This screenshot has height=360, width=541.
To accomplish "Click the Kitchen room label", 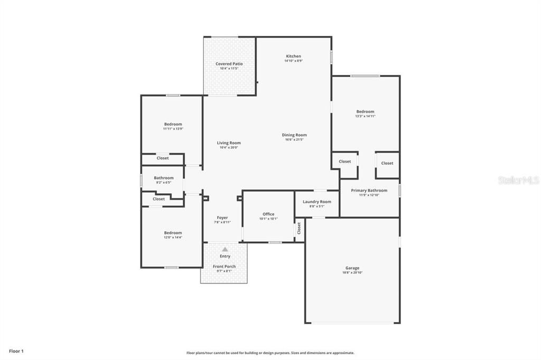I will [293, 56].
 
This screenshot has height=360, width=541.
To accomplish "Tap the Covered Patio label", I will [229, 64].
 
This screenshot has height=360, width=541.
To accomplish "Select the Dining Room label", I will [294, 135].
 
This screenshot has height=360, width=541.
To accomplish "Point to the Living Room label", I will [229, 143].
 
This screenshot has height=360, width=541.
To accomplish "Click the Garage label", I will [352, 268].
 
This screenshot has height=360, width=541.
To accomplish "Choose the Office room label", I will [268, 214].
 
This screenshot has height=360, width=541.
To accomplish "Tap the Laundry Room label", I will [317, 202].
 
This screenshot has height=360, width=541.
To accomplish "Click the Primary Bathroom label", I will [369, 191].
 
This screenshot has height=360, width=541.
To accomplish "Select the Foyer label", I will [222, 217].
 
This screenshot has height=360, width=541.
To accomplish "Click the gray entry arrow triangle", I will [225, 249].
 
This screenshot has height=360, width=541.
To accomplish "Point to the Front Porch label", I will [225, 267].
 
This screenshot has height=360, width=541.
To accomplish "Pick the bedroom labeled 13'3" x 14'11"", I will [365, 111].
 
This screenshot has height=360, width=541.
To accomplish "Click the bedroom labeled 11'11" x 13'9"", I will [173, 124].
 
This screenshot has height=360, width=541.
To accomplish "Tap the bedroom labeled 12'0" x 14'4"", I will [173, 233].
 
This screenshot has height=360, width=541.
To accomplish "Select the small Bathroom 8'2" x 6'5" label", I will [164, 178].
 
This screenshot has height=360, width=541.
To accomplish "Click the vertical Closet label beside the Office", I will [299, 229].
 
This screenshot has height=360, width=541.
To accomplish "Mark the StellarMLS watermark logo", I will [518, 180].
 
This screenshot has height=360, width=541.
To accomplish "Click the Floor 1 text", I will [16, 350].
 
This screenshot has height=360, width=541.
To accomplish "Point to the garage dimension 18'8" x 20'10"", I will [352, 273].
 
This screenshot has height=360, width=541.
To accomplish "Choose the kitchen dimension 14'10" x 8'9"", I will [293, 61].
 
